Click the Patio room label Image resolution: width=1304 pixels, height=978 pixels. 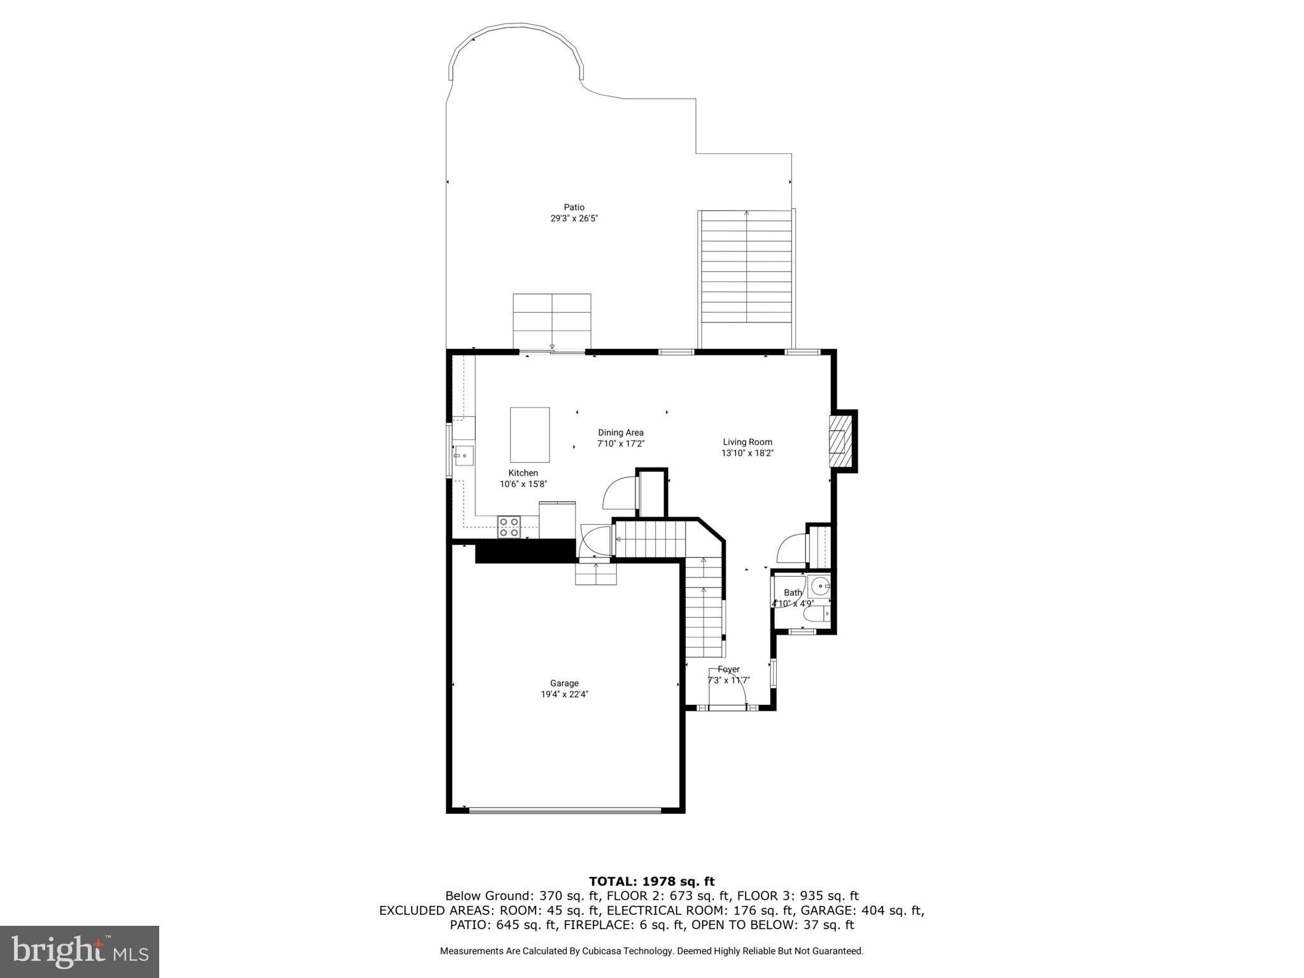[574, 207]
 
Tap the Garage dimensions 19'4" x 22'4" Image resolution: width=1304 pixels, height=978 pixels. [564, 695]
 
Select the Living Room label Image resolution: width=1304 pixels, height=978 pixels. [748, 442]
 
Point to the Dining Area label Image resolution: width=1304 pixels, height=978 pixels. [620, 432]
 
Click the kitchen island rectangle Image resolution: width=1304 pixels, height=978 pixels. [530, 435]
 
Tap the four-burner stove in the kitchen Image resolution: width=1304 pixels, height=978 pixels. [509, 528]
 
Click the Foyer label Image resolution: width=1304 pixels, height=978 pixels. [728, 669]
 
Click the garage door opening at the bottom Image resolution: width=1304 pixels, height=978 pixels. [565, 810]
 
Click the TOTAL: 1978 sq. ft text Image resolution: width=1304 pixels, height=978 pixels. [651, 881]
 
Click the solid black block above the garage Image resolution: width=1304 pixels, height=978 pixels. [525, 551]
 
